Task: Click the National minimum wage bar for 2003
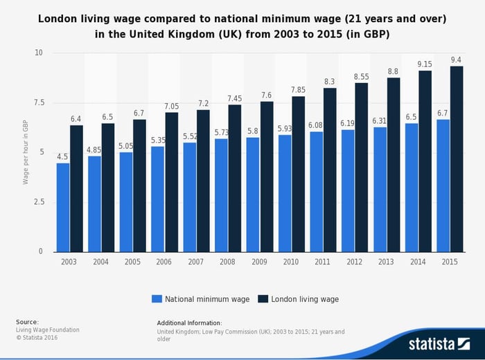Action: point(63,207)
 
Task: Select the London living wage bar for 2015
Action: point(456,159)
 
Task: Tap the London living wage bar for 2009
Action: point(267,177)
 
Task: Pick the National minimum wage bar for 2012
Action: point(348,190)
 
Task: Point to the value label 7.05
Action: point(171,106)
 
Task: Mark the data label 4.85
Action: point(94,150)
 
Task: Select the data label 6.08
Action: point(316,125)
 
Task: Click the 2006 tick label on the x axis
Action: point(164,262)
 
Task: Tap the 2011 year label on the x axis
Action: point(323,262)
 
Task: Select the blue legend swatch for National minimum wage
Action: point(157,299)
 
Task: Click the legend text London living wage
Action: point(305,299)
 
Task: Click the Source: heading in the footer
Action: point(27,322)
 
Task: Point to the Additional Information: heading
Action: point(189,323)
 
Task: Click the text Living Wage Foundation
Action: point(48,330)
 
